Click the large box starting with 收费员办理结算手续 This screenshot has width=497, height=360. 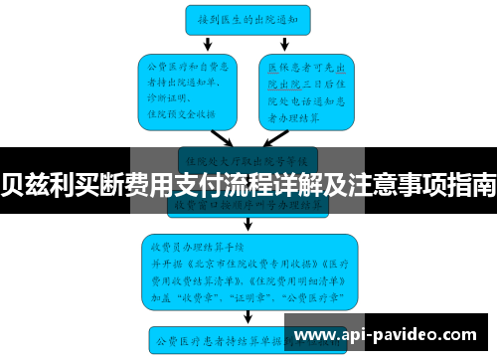coord(248,268)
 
